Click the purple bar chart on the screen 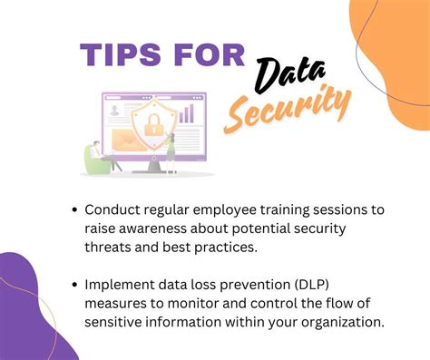click(187, 112)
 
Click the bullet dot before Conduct click(73, 209)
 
